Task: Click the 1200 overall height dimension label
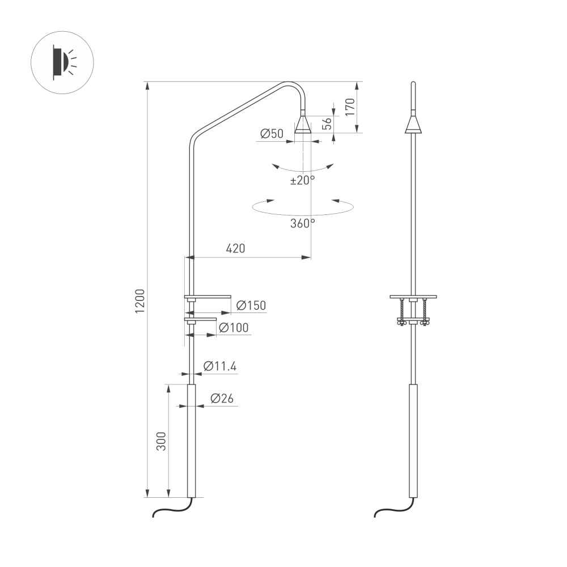coord(140,301)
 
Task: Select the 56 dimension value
coord(327,124)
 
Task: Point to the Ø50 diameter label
coord(272,134)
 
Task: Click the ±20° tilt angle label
coord(302,180)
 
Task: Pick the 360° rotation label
coord(302,223)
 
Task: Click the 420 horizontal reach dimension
coord(235,248)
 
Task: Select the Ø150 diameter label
coord(250,306)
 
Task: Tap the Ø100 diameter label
coord(232,328)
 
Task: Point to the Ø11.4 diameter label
coord(219,366)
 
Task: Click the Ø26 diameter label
coord(221,399)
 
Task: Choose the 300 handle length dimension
coord(162,441)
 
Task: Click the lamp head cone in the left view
coord(303,124)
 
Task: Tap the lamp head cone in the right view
coord(413,125)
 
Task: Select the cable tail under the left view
coord(170,509)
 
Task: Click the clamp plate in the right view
coord(413,297)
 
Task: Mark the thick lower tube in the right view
coord(413,440)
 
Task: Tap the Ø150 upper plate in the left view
coord(208,297)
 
